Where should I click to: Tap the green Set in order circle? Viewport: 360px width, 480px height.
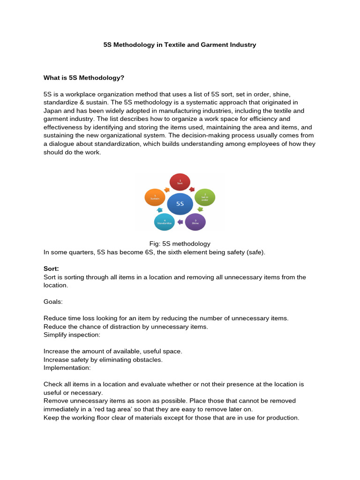coord(204,197)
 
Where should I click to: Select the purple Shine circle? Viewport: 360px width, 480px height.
coord(195,222)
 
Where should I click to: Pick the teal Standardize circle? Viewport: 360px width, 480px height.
coord(164,222)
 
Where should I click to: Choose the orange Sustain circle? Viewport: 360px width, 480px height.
coord(155,197)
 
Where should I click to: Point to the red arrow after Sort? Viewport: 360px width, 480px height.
coord(191,188)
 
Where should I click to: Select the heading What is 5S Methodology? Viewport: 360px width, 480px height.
coord(84,77)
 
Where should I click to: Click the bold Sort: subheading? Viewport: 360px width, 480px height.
coord(51,269)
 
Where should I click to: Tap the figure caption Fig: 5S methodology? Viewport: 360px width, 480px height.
coord(180,244)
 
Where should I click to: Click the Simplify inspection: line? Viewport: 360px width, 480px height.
coord(72,334)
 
